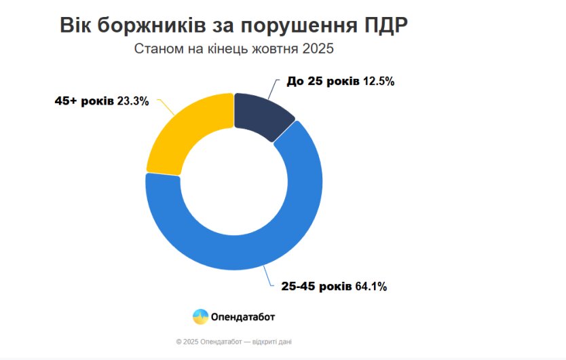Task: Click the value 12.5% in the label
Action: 379,82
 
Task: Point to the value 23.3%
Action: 133,101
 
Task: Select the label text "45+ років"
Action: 84,101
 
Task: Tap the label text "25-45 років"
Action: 316,287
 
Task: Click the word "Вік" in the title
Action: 76,26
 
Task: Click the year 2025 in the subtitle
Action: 319,50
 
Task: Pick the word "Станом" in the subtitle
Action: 156,50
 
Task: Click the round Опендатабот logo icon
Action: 200,317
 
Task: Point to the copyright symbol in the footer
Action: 178,342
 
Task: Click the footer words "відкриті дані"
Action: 274,342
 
